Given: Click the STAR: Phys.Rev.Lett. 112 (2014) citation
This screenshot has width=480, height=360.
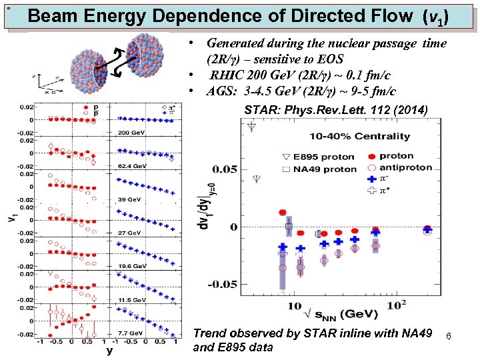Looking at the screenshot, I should tap(336, 110).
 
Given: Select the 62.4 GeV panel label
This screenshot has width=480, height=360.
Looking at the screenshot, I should tap(132, 165).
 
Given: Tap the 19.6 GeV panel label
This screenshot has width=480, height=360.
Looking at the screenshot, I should tap(132, 266).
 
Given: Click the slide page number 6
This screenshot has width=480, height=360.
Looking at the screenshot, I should tap(449, 338).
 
